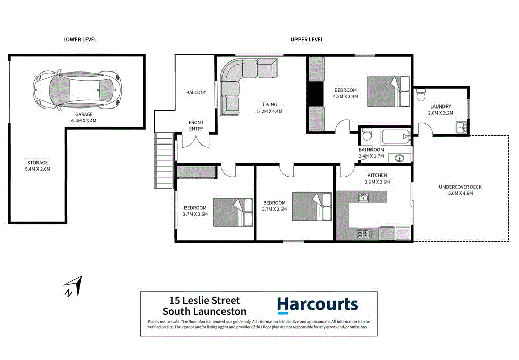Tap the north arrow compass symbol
coord(72,285)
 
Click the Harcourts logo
coord(317,305)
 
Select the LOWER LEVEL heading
coord(80,39)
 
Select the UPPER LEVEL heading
coord(307,39)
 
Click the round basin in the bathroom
coord(398,158)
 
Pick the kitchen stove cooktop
coord(363,234)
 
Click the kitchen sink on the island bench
coord(363,197)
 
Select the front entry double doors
coord(196,141)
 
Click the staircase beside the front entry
coord(165,160)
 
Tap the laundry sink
coord(461,127)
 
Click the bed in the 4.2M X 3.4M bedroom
coord(388,91)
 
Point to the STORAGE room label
coord(37,163)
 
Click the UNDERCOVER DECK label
coord(460,187)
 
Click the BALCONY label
coord(196,92)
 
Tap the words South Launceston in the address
coord(204,312)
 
